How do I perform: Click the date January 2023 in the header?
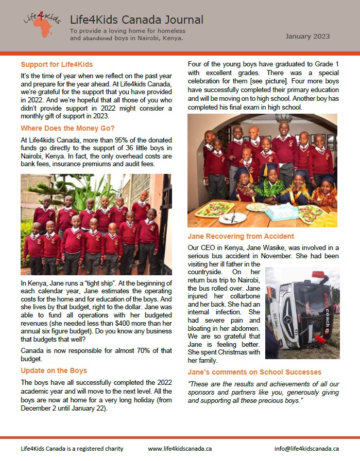point(308,37)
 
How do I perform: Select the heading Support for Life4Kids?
point(57,65)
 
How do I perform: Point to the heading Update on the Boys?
point(54,370)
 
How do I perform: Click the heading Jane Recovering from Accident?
point(241,236)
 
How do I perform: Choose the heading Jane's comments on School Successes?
point(254,371)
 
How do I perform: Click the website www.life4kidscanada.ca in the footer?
point(180,449)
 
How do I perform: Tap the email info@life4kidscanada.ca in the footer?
point(306,449)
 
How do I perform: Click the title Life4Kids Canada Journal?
point(136,20)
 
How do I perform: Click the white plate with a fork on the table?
point(233,218)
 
